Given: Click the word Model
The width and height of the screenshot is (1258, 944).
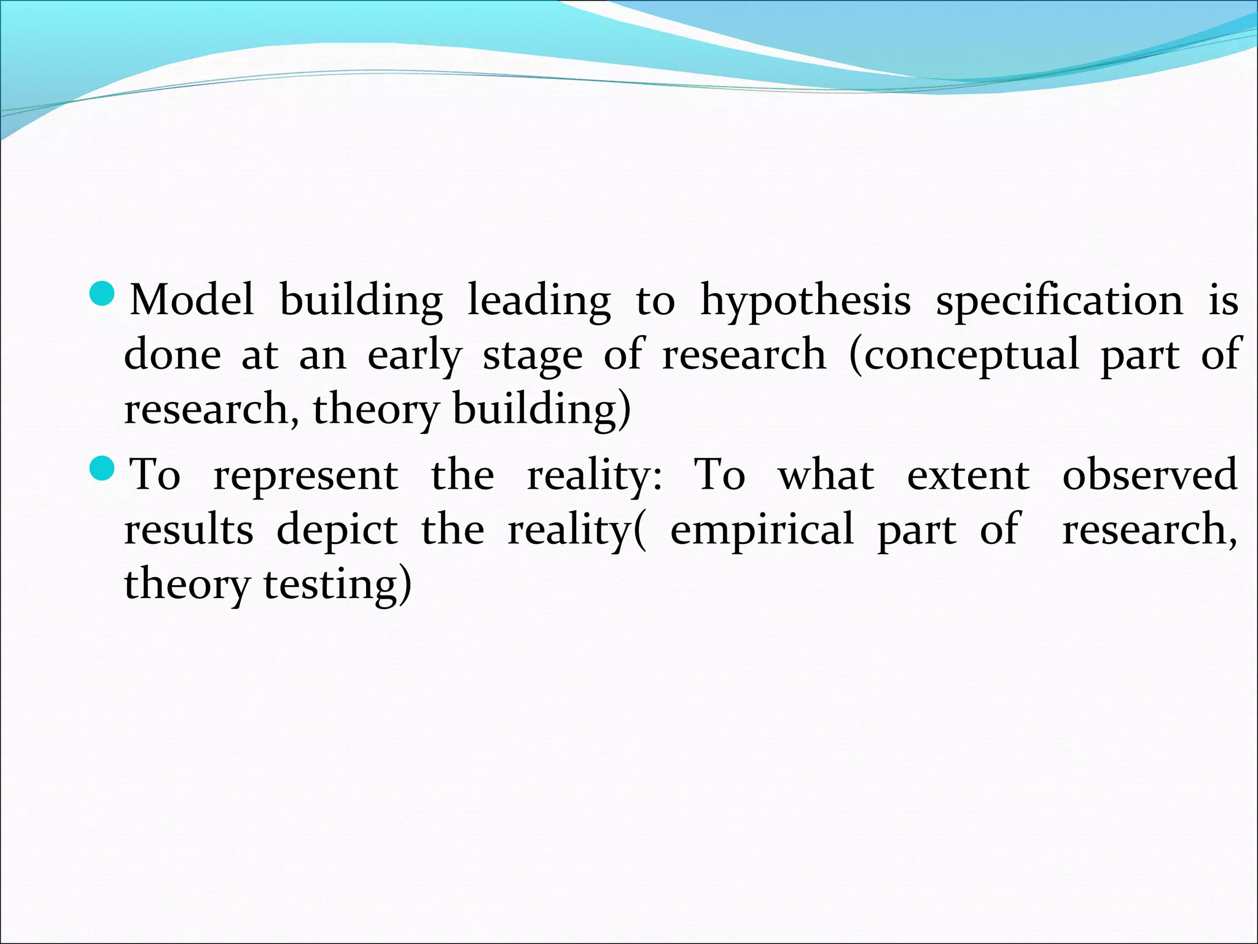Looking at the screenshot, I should coord(192,300).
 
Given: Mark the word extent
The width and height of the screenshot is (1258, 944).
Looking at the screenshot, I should coord(968,476).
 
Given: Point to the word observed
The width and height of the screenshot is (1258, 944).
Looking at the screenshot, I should coord(1150,474).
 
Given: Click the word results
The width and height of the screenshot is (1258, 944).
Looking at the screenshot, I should coord(189,530).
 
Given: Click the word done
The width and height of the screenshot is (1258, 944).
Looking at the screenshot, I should coord(172,355).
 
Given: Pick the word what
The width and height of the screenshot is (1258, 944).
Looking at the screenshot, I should coord(826,475).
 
